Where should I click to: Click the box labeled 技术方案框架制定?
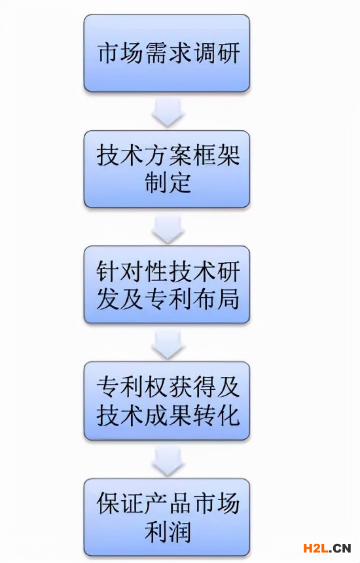point(167,169)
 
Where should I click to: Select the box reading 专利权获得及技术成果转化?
point(167,401)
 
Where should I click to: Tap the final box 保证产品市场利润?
point(167,517)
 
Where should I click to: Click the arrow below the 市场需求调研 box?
point(168,113)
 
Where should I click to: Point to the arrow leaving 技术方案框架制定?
point(168,229)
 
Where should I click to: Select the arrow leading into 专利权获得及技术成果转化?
point(168,345)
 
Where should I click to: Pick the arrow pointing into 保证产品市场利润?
point(168,461)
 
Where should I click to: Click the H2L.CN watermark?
point(327,549)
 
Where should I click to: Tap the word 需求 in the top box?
point(169,54)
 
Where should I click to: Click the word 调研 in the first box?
point(217,54)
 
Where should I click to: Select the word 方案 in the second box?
point(169,155)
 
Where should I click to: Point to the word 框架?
point(217,155)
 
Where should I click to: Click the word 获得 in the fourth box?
point(192,387)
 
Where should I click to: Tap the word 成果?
point(169,415)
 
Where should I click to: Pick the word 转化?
point(217,415)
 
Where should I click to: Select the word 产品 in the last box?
point(169,503)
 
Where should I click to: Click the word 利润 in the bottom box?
point(168,532)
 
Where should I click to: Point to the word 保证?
point(120,503)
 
